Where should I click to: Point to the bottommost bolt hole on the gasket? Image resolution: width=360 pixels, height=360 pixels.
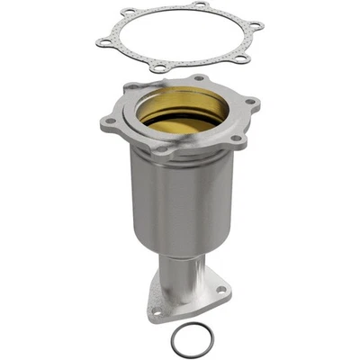click(x=159, y=68)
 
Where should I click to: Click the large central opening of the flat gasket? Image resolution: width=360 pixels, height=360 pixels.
click(x=180, y=36)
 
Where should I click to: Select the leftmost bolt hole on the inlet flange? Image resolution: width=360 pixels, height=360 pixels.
click(x=111, y=120)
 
